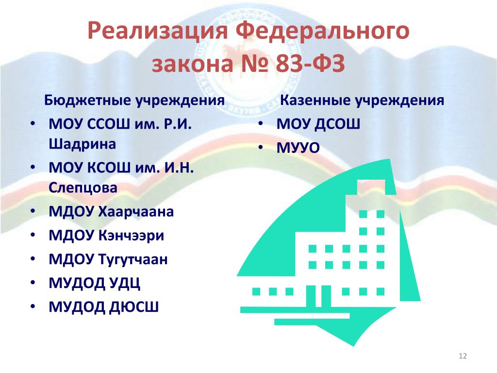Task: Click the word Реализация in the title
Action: click(x=158, y=31)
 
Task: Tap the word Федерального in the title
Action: click(x=323, y=31)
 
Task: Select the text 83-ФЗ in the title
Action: click(x=310, y=64)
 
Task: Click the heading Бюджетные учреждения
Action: click(x=134, y=100)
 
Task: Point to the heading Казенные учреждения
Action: click(x=362, y=100)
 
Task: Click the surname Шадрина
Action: click(x=83, y=144)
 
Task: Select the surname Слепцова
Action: click(x=83, y=188)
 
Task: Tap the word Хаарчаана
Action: click(x=136, y=212)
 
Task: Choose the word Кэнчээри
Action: click(x=131, y=236)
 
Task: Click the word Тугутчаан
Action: click(x=133, y=259)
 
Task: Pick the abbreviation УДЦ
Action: click(x=125, y=283)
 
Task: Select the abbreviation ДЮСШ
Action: click(x=134, y=307)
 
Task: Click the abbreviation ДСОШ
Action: click(x=337, y=124)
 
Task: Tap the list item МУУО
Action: click(x=298, y=148)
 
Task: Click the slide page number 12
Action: click(x=463, y=356)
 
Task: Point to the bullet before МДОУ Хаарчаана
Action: click(x=33, y=211)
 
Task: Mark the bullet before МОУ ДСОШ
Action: click(x=261, y=123)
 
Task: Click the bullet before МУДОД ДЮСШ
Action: click(x=33, y=306)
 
